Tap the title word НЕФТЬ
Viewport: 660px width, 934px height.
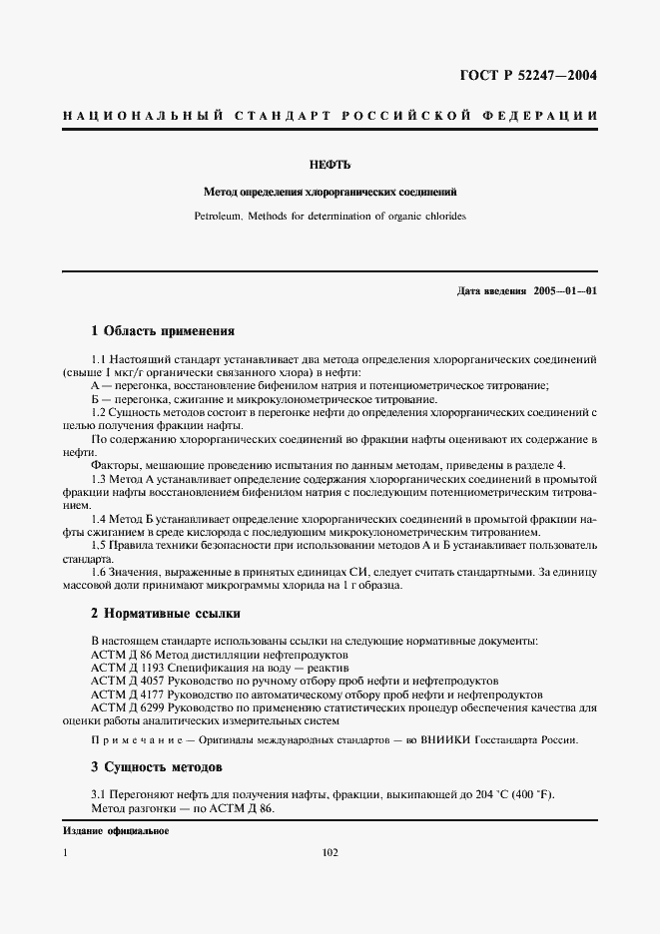click(x=330, y=162)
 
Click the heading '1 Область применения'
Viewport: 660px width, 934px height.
click(x=162, y=330)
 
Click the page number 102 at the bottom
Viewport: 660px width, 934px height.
click(x=331, y=853)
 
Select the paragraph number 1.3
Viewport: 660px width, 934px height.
click(x=99, y=478)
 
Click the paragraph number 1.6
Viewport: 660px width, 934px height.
click(x=99, y=572)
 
